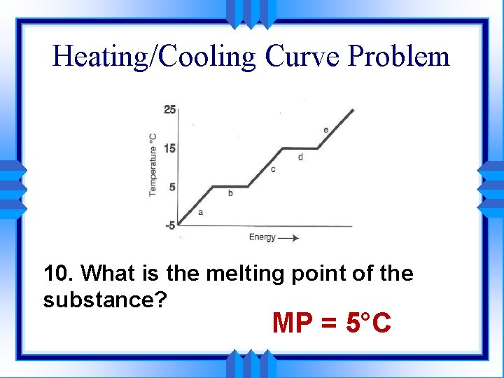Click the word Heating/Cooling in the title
(x=155, y=56)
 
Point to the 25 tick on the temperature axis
(x=170, y=109)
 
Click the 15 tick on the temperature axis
(x=170, y=148)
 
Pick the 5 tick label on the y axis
(x=172, y=187)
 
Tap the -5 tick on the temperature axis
(x=170, y=225)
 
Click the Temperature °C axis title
(x=153, y=164)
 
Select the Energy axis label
(x=262, y=238)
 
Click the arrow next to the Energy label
(x=288, y=238)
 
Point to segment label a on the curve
(x=201, y=212)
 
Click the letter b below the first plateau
(x=230, y=192)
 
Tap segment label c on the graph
(x=272, y=169)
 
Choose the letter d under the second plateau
(x=300, y=157)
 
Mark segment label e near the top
(x=326, y=130)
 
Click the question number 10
(x=59, y=274)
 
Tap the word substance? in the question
(x=104, y=300)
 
